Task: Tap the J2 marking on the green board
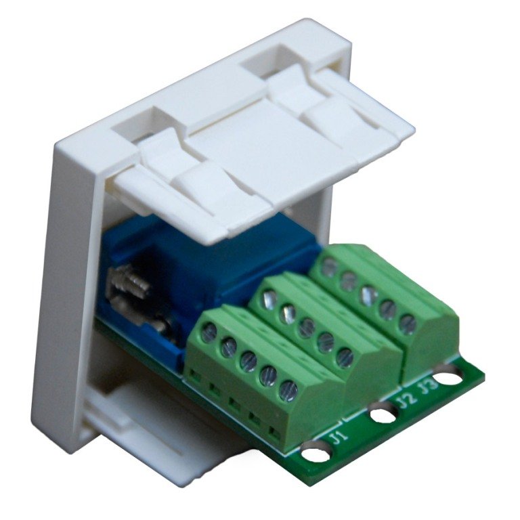(405, 399)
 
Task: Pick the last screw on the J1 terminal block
(288, 389)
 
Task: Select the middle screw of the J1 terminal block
(248, 359)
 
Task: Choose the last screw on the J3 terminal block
(407, 324)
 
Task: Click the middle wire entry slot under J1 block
(234, 404)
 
